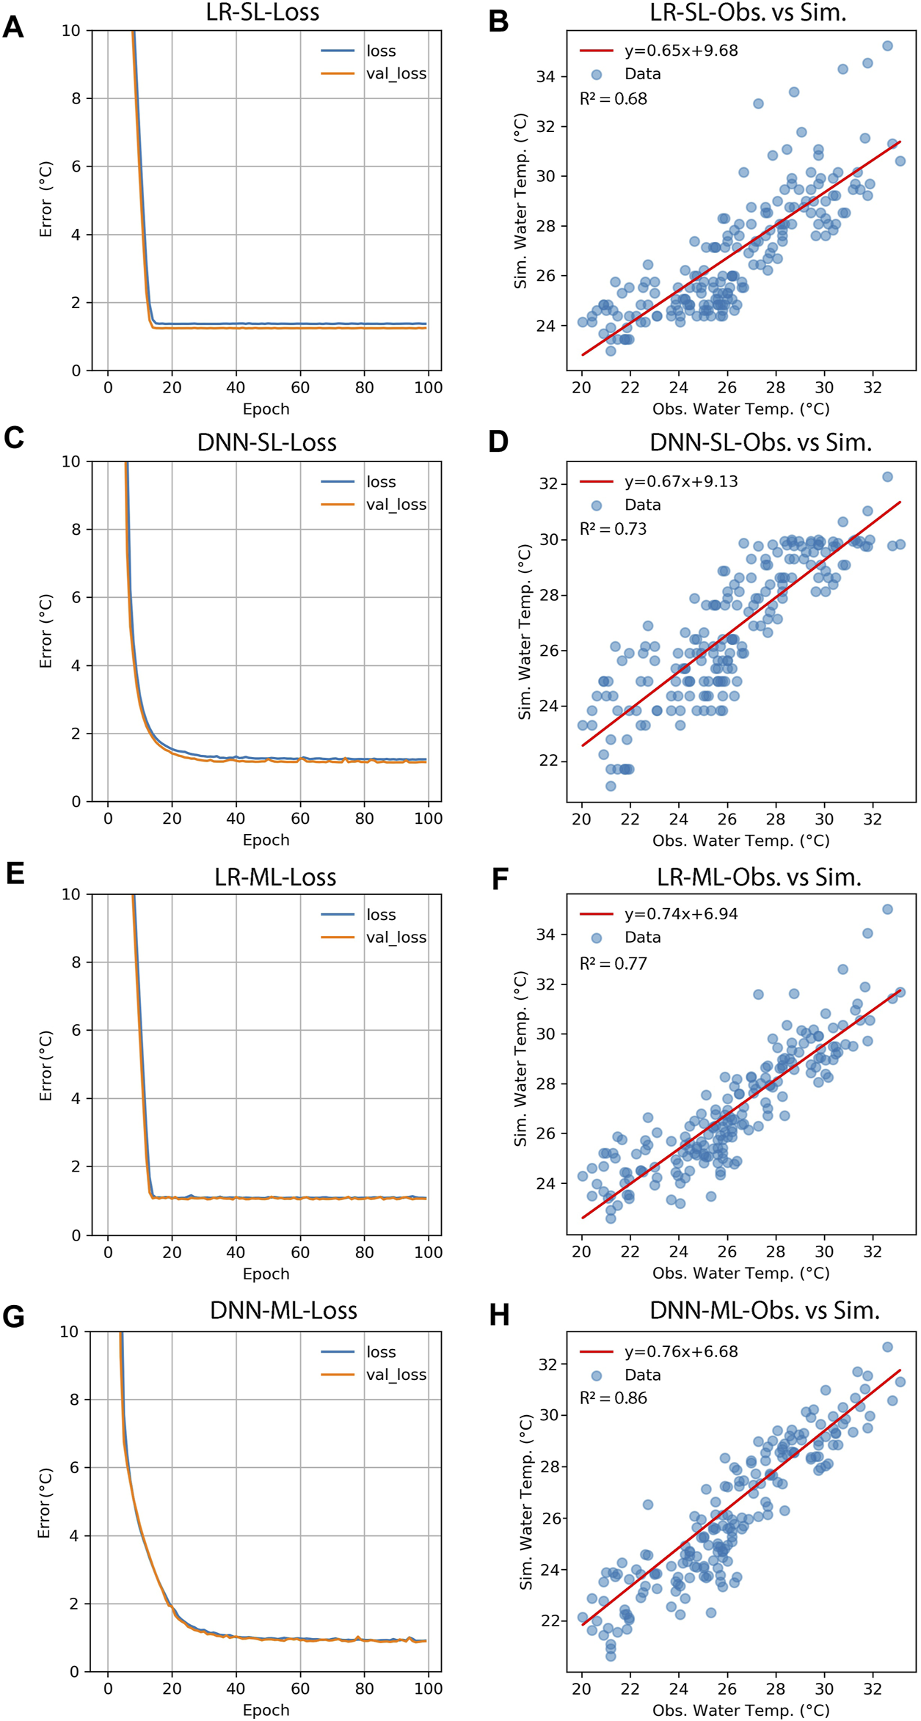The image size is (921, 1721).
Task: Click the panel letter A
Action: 13,27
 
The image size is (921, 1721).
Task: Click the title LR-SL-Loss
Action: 262,12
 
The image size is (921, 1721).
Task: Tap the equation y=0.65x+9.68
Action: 680,51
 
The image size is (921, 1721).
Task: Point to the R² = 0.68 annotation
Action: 613,99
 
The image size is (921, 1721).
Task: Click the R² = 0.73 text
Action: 613,529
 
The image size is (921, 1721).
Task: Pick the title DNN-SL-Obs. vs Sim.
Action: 760,442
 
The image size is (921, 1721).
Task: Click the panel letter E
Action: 14,874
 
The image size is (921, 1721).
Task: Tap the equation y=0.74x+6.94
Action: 680,914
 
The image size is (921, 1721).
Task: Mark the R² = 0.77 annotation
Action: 613,963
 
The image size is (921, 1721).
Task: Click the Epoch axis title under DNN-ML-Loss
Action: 266,1710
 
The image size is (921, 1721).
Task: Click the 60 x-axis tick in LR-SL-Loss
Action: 300,387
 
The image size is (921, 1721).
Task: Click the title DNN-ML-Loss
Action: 283,1310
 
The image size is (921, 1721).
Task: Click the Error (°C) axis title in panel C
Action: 45,631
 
